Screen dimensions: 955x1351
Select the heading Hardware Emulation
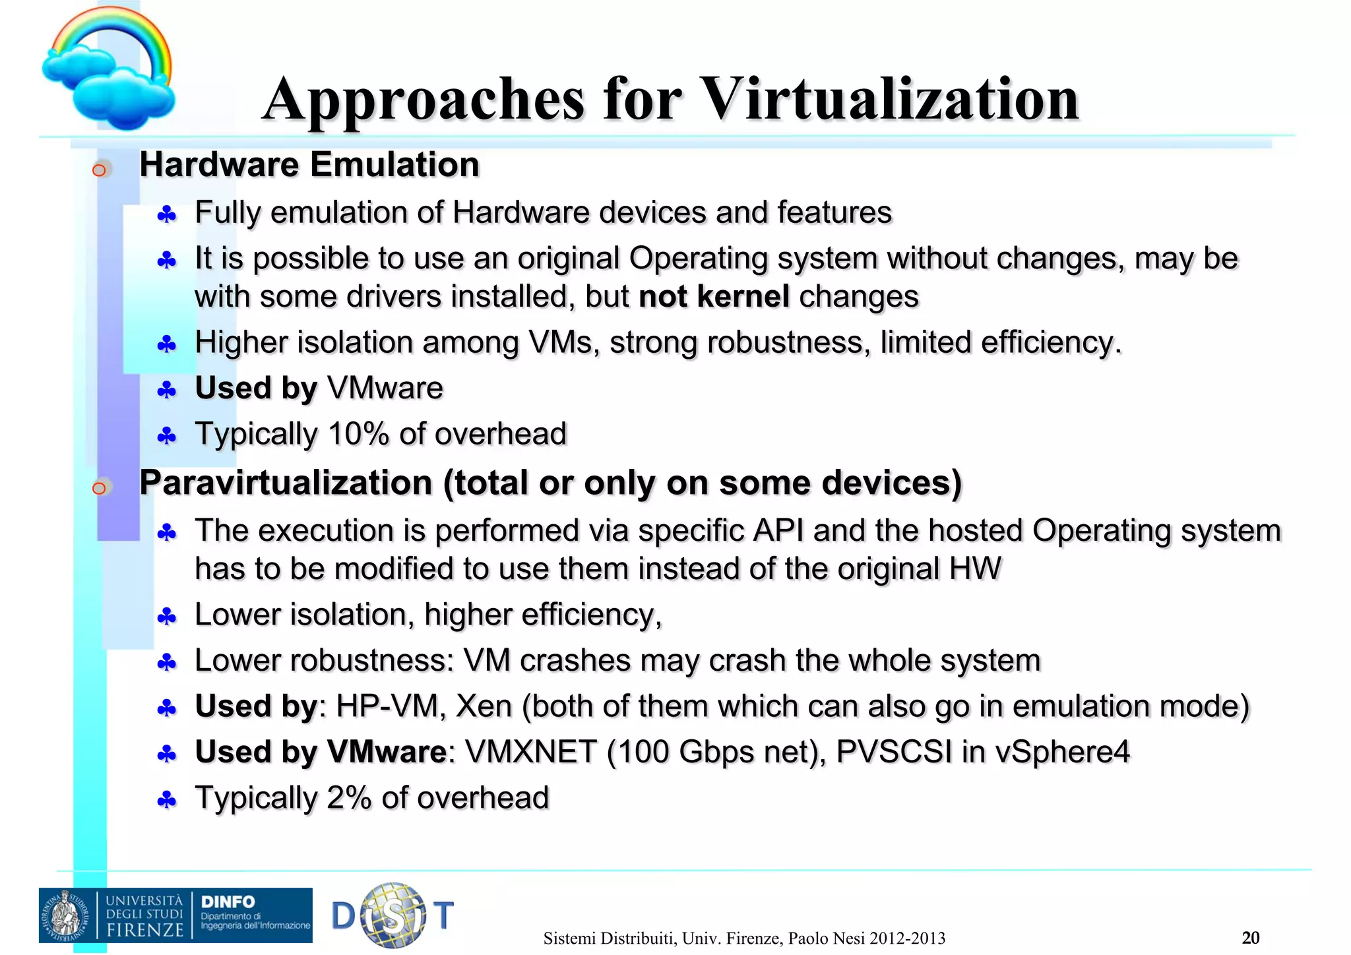click(x=309, y=164)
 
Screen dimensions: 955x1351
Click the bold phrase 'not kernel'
click(x=714, y=297)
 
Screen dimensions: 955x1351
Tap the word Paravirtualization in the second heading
click(x=286, y=483)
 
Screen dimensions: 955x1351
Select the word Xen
click(x=484, y=706)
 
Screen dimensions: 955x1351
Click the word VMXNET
click(x=530, y=753)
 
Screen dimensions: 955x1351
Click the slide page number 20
click(x=1250, y=937)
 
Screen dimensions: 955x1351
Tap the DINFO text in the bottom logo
click(x=228, y=902)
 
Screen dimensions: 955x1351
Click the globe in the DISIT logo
click(x=394, y=915)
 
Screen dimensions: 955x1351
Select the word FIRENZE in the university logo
click(x=145, y=930)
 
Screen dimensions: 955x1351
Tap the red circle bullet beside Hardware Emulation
click(x=99, y=170)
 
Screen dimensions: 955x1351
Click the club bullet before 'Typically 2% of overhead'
click(x=167, y=801)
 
